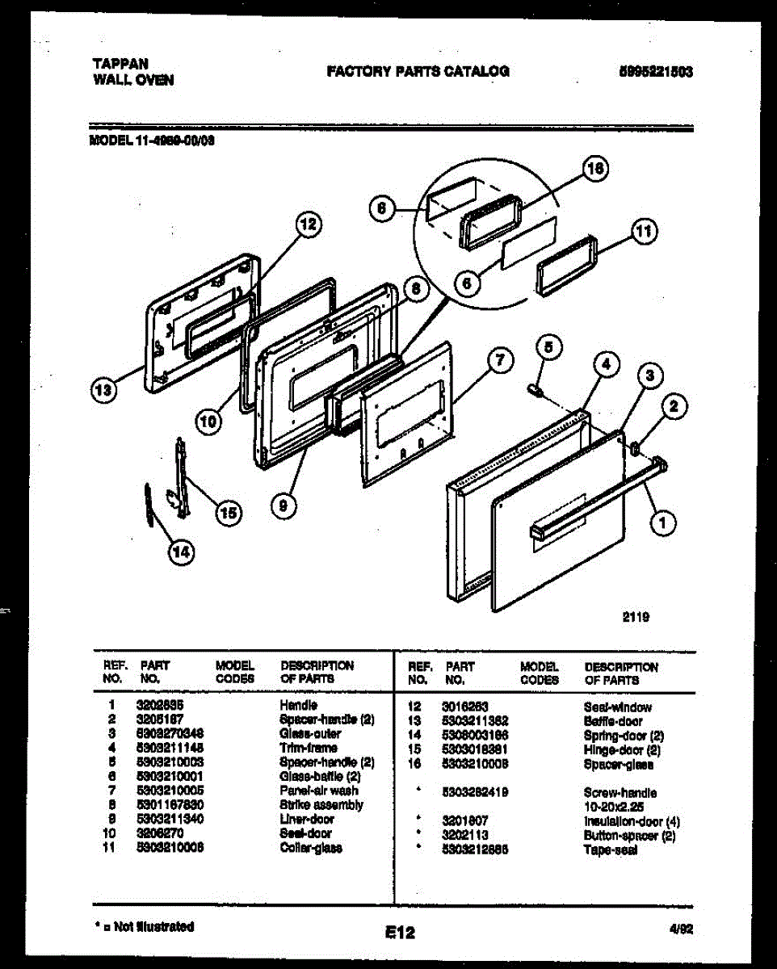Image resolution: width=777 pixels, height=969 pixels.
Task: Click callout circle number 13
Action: pyautogui.click(x=103, y=392)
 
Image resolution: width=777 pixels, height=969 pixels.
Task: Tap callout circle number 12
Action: pyautogui.click(x=306, y=225)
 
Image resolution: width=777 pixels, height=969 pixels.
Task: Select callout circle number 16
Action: pyautogui.click(x=595, y=169)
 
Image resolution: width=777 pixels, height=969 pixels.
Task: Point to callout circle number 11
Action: pyautogui.click(x=643, y=232)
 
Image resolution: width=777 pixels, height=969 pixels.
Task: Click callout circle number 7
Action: pyautogui.click(x=500, y=361)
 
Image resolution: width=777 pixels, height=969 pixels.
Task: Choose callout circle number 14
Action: pyautogui.click(x=182, y=552)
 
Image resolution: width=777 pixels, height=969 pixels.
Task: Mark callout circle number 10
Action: pyautogui.click(x=208, y=420)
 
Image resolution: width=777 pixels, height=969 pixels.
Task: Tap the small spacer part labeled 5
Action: pyautogui.click(x=535, y=390)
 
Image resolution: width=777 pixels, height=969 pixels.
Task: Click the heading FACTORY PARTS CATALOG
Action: pyautogui.click(x=418, y=71)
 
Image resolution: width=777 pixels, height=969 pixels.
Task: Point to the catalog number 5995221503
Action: pyautogui.click(x=654, y=71)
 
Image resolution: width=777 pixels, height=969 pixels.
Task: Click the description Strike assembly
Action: pyautogui.click(x=321, y=805)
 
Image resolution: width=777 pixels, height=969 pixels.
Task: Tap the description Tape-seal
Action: pyautogui.click(x=610, y=850)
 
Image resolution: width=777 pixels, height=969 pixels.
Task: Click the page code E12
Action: pyautogui.click(x=400, y=933)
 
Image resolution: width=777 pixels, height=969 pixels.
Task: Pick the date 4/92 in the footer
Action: pyautogui.click(x=681, y=929)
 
